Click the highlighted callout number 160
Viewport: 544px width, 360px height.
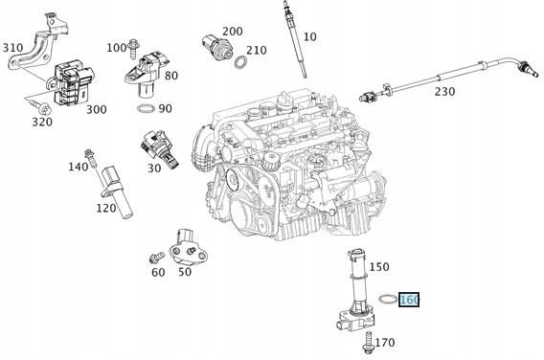coord(409,300)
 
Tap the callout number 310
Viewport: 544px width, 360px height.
coord(13,48)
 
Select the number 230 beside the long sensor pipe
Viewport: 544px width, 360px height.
coord(445,91)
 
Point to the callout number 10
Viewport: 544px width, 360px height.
coord(309,36)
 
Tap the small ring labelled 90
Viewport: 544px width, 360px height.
coord(145,109)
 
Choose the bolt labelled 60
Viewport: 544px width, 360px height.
coord(156,257)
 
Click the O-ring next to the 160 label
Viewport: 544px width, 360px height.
coord(385,300)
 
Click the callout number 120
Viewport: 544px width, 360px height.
coord(105,208)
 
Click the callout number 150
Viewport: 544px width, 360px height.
coord(380,267)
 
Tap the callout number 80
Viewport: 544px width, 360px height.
coord(170,76)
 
